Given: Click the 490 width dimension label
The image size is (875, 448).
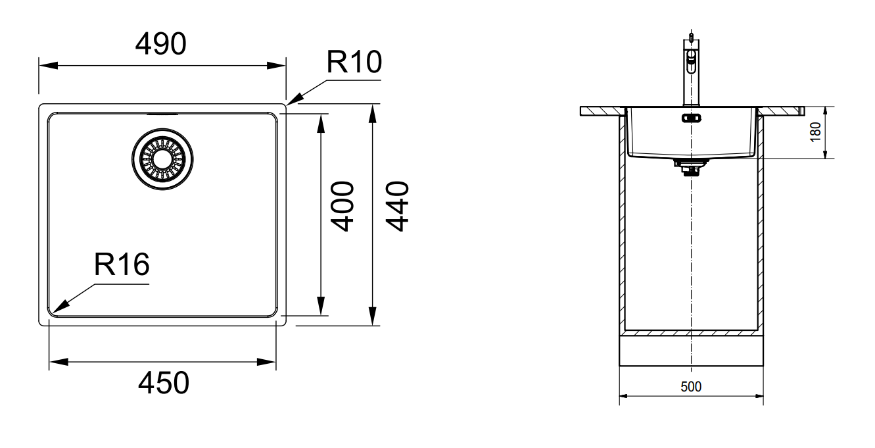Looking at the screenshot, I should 161,43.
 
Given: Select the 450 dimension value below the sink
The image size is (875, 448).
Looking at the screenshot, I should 163,383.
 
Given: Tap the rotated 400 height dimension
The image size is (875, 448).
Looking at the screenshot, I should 343,206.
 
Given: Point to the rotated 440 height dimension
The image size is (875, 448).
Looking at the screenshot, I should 396,206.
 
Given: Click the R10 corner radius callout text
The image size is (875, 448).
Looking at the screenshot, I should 354,63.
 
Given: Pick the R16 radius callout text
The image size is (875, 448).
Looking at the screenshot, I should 122,265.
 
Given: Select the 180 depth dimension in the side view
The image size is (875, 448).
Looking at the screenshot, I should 816,132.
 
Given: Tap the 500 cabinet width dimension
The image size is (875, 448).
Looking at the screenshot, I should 690,387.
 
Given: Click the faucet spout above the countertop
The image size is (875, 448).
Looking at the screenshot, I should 690,72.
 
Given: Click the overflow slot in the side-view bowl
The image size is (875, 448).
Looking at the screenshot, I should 691,118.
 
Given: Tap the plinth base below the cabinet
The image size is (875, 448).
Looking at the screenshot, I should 692,350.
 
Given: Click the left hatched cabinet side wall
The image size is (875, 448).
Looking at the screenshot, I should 621,224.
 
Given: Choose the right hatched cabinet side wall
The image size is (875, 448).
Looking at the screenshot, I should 760,224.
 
